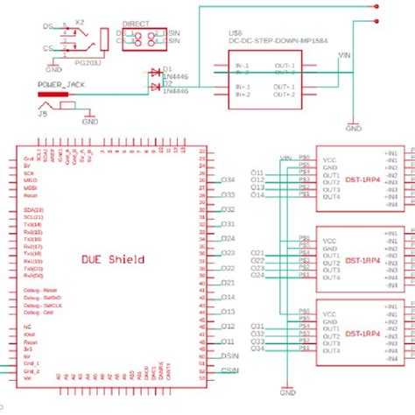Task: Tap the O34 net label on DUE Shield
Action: (x=228, y=180)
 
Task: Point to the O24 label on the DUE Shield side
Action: (x=228, y=238)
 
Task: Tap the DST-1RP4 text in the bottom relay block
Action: (x=362, y=334)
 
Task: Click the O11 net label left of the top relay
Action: (x=257, y=172)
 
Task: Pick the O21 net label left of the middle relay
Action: (x=257, y=251)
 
